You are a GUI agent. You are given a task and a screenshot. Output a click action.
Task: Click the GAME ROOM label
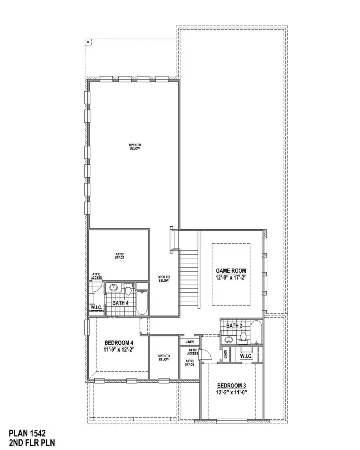coord(231,271)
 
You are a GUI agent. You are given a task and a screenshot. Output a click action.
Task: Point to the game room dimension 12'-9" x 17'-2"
coord(231,278)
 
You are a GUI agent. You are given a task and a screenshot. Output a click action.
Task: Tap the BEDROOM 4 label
coord(119,343)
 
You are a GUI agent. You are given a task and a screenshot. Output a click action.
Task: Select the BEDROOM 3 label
coord(231,386)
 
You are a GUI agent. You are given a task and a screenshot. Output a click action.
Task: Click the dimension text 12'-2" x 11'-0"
coord(231,393)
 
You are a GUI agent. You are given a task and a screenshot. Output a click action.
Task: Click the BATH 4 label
coord(120,303)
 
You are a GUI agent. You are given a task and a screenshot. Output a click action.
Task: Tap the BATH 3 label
coord(234,326)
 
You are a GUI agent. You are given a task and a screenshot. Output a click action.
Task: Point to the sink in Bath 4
coord(114,287)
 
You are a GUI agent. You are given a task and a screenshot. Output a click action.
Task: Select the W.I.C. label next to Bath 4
coord(97,308)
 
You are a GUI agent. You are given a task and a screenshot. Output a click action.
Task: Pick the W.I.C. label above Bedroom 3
coord(246,355)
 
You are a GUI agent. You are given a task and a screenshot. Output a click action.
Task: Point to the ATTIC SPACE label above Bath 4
coord(119,256)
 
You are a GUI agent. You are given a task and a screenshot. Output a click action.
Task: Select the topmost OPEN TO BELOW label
coord(135,147)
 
